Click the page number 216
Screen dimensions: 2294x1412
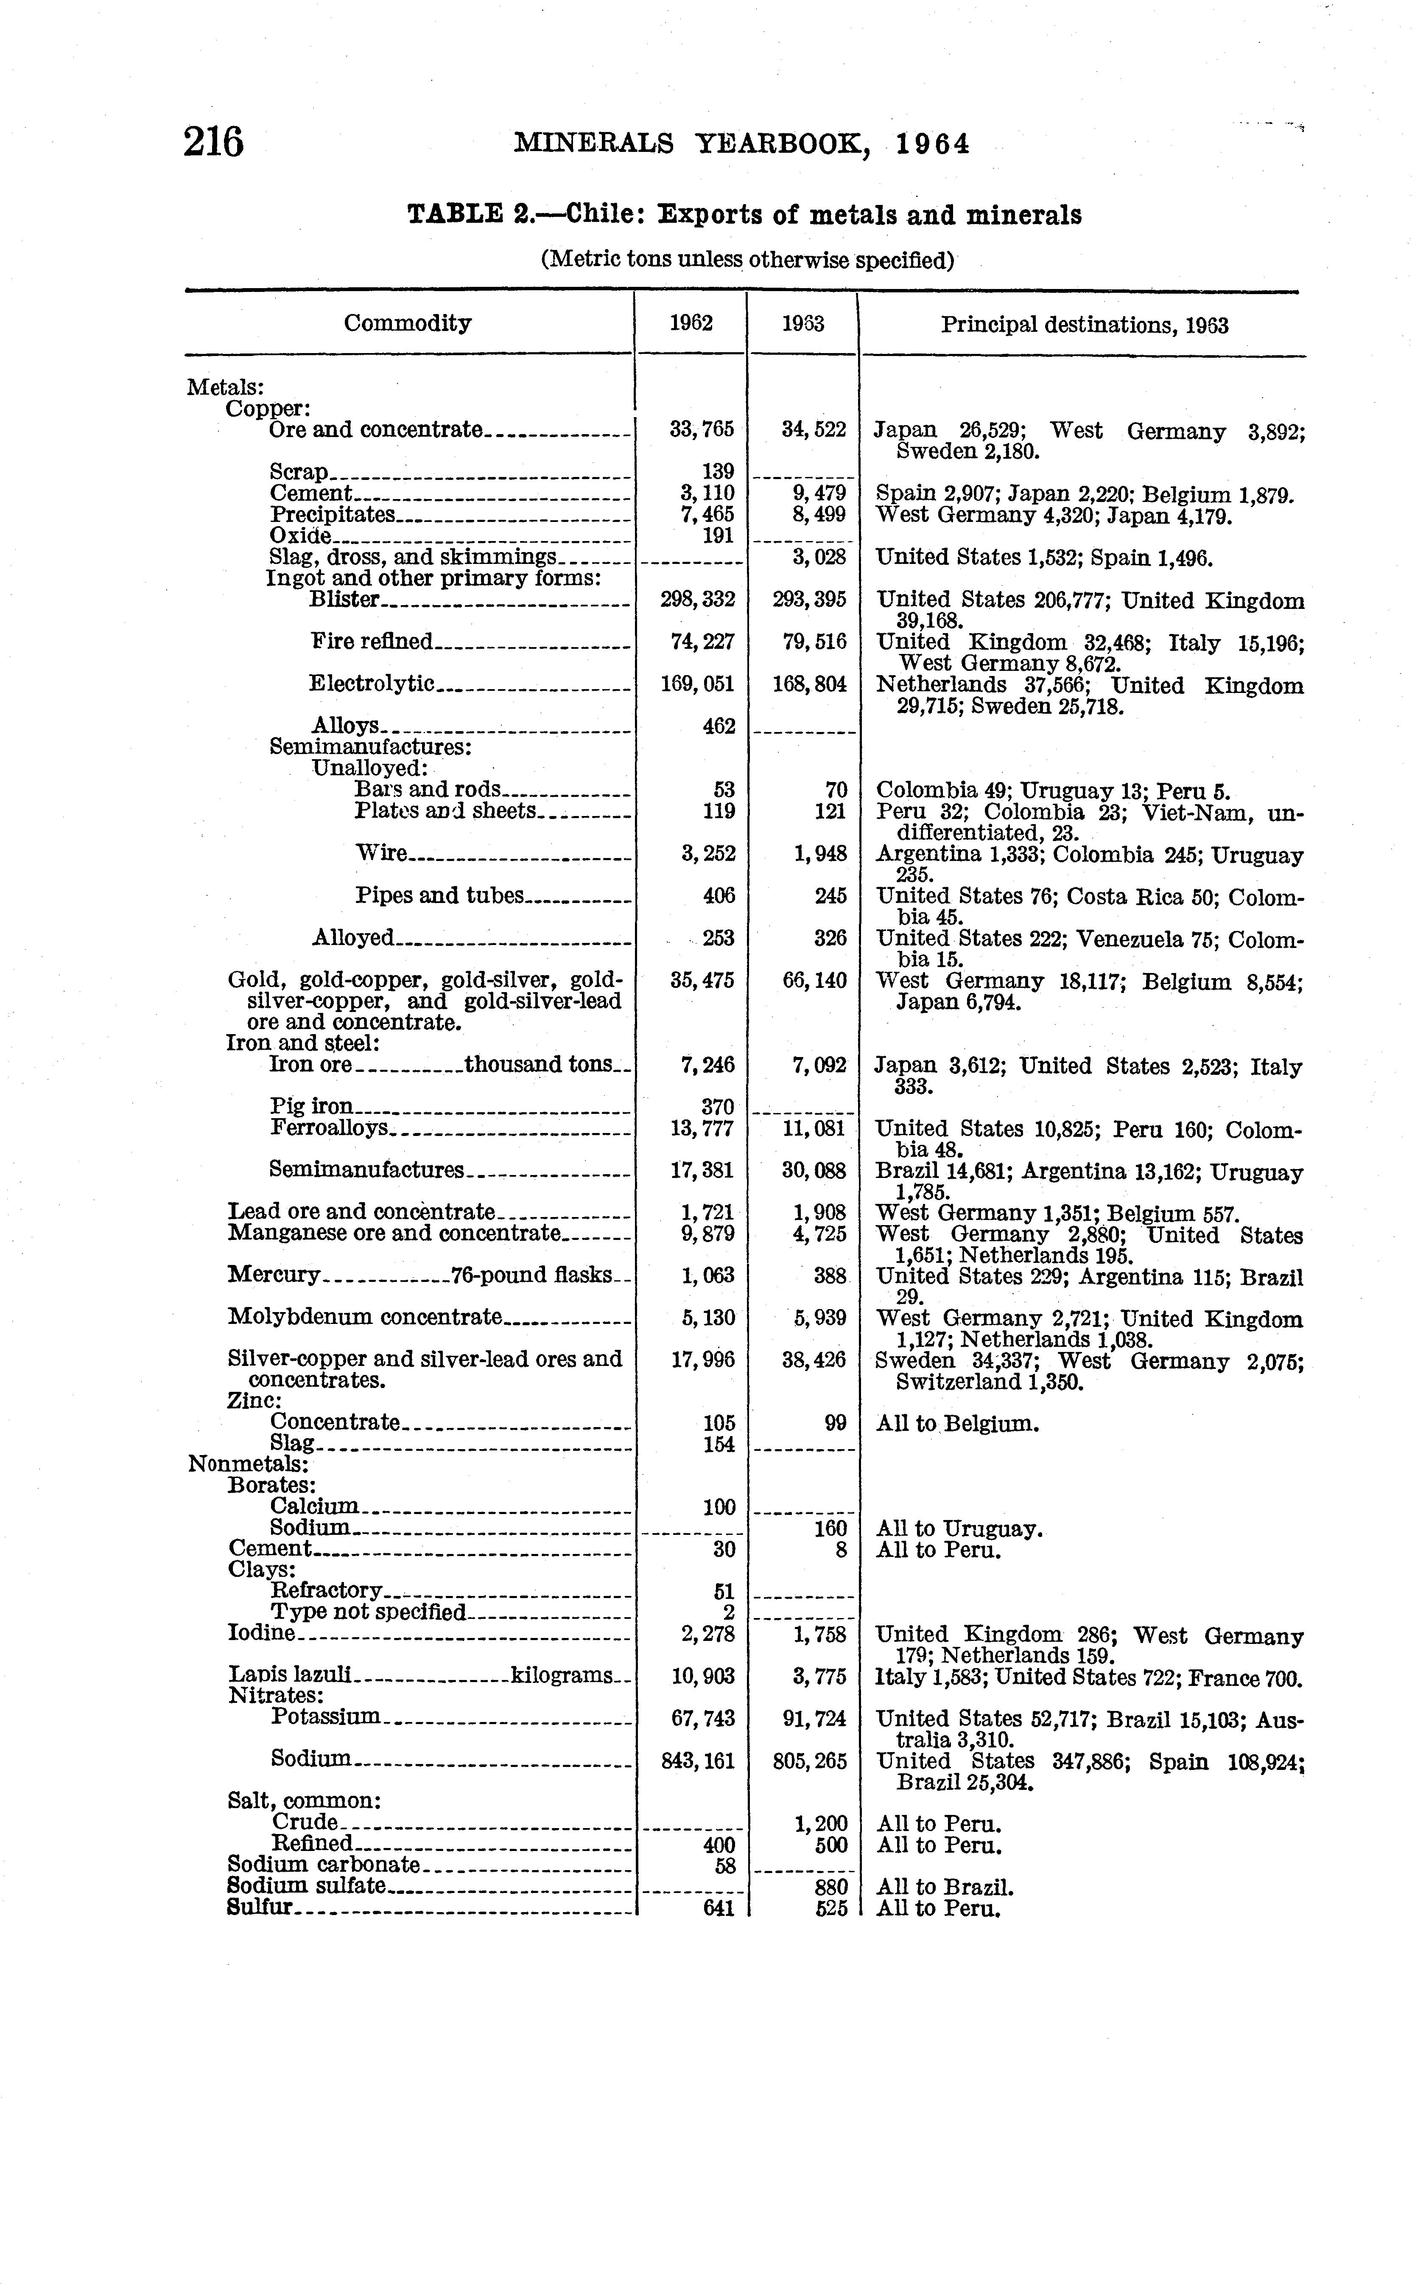[x=214, y=143]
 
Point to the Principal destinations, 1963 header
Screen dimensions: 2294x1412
[x=1084, y=325]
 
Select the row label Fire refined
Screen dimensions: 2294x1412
[x=372, y=642]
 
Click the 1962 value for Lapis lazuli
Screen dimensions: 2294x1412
[x=703, y=1677]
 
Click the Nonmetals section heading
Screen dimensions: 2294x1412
[x=249, y=1464]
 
